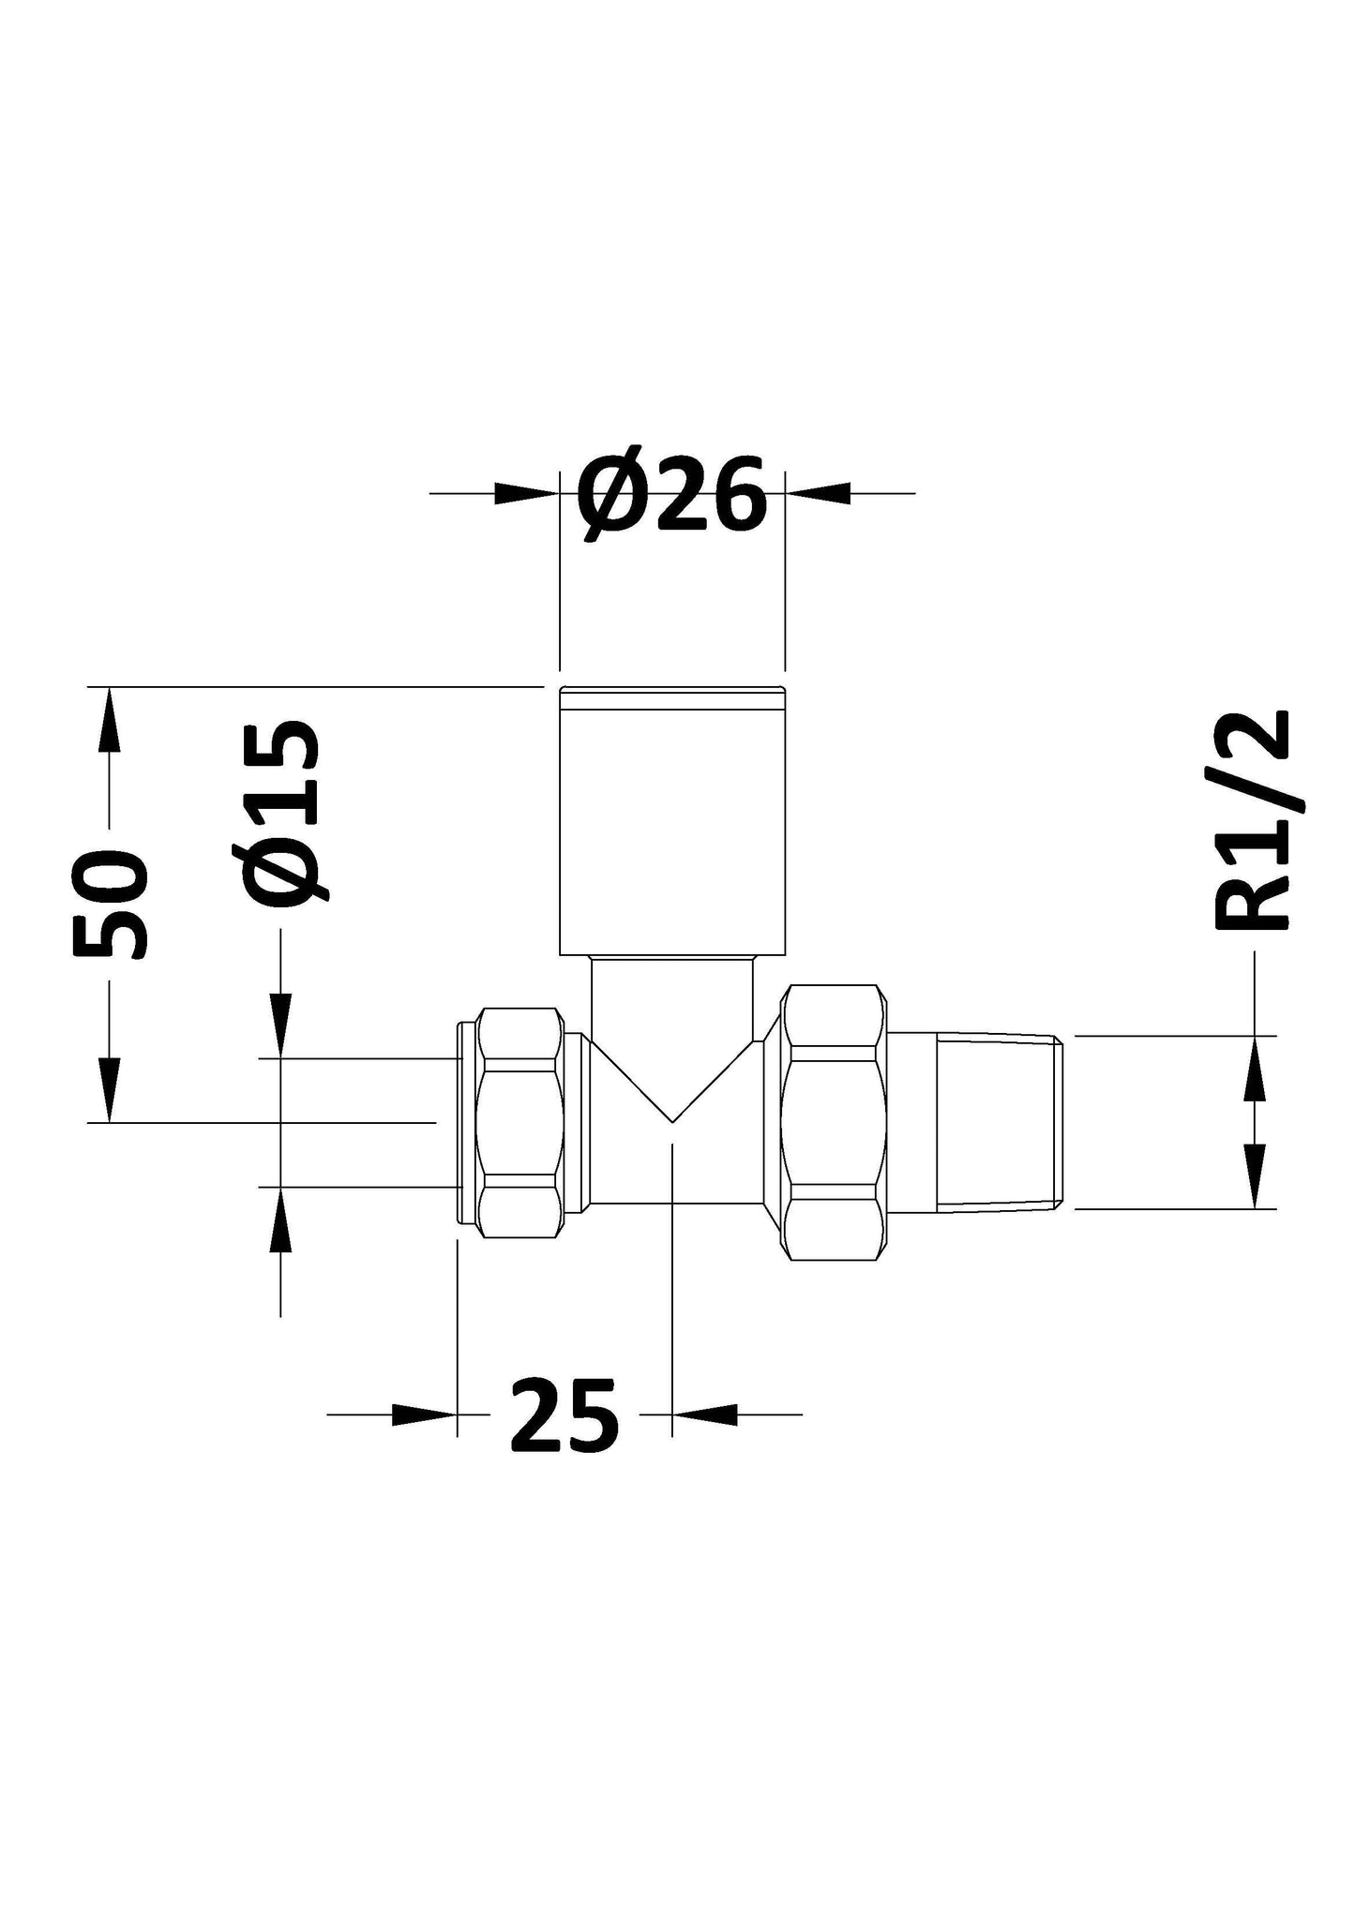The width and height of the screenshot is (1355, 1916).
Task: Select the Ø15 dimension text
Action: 283,813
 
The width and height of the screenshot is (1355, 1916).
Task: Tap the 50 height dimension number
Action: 111,906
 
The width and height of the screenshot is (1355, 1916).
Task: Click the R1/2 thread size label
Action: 1253,821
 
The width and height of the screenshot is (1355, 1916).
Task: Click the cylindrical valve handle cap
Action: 671,821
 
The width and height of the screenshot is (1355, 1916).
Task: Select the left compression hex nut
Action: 520,1119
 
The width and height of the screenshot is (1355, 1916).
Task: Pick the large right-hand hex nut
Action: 835,1122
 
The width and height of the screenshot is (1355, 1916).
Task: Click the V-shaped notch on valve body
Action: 672,1087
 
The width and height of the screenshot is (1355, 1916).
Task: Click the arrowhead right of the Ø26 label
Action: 818,493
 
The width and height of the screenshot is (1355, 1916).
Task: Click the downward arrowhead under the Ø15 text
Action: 280,1026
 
